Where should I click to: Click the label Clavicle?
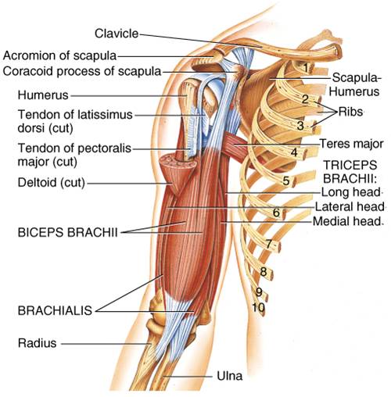[117, 34]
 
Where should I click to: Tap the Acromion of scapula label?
[59, 55]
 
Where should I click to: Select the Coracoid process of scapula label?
[82, 71]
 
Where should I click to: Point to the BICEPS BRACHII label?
[67, 232]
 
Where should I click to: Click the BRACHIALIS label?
[55, 310]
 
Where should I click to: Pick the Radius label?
[37, 343]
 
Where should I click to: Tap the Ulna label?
[230, 376]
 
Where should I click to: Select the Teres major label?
[351, 144]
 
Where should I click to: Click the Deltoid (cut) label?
[52, 182]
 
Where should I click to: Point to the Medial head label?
[347, 221]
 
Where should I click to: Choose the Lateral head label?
[350, 207]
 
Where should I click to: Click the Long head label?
[350, 192]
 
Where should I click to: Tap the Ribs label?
[350, 112]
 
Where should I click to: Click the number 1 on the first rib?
[306, 68]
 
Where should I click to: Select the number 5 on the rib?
[286, 181]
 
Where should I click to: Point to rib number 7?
[269, 245]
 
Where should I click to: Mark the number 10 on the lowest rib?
[258, 308]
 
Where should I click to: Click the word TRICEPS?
[350, 165]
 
